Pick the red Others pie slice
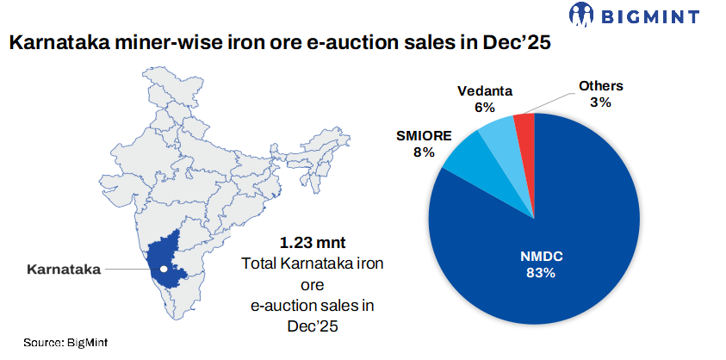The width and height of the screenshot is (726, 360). [524, 129]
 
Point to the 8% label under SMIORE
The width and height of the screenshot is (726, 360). [423, 152]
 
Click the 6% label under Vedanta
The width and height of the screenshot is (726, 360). [485, 108]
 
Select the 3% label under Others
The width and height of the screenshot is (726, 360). [600, 102]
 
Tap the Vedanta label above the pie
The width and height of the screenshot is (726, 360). [485, 91]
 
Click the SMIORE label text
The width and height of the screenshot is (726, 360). [423, 135]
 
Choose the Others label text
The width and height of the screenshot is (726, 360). [600, 85]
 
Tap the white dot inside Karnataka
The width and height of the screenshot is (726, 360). [163, 269]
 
